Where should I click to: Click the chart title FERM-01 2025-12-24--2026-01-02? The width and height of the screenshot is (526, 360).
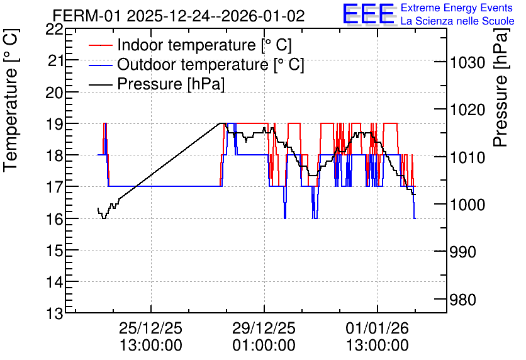[179, 16]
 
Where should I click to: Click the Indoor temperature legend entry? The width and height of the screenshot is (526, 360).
[204, 45]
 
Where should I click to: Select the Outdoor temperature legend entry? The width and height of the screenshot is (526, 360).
[211, 64]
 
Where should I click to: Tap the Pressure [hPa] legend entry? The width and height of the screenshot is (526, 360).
[171, 84]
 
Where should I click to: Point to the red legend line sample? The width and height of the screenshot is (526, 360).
[100, 45]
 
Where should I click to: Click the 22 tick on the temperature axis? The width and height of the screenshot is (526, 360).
[54, 30]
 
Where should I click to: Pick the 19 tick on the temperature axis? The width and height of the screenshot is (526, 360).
[54, 124]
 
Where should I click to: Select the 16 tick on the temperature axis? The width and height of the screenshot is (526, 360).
[54, 219]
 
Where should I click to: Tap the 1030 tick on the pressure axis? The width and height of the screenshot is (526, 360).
[467, 63]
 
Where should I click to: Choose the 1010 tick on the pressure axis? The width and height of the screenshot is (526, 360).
[467, 157]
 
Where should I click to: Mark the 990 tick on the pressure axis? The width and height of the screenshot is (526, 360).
[463, 252]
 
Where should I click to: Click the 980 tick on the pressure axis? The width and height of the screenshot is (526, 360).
[463, 300]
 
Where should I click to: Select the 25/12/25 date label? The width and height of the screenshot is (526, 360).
[150, 328]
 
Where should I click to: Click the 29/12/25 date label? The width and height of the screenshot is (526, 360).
[264, 328]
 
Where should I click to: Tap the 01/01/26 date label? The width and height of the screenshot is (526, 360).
[378, 328]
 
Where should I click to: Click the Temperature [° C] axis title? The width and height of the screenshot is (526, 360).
[11, 101]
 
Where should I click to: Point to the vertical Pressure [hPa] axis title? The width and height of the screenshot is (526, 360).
[500, 87]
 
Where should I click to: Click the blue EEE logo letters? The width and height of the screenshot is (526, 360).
[369, 14]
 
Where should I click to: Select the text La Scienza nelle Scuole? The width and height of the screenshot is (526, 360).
[457, 21]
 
